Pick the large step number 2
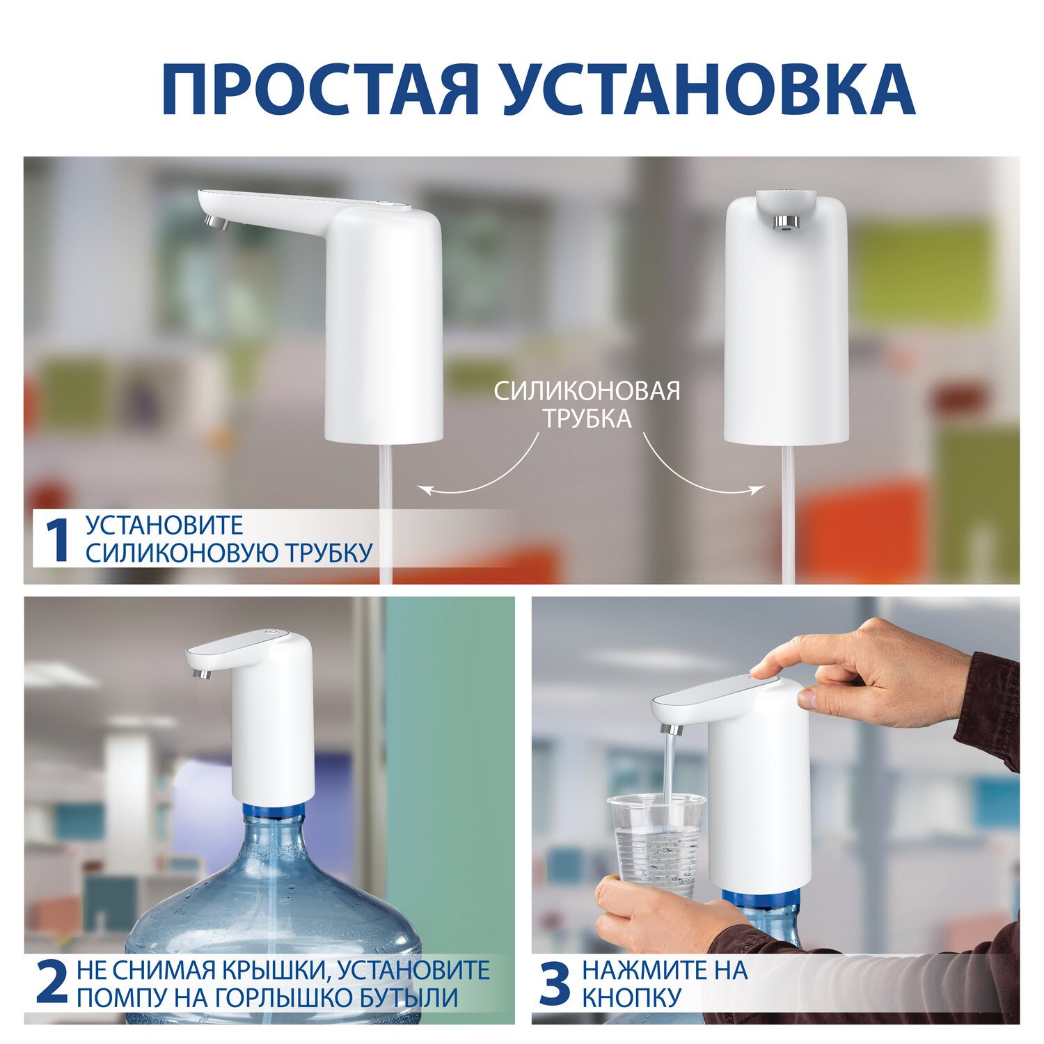point(52,983)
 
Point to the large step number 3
point(555,983)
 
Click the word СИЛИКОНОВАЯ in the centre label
point(587,390)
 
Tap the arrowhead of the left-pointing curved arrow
point(424,490)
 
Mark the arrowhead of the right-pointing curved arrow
point(757,489)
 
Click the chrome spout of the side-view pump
point(217,223)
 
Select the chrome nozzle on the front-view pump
point(786,221)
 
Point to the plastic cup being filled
point(656,845)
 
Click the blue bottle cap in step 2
point(274,812)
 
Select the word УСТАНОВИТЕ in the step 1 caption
point(164,525)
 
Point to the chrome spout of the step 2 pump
point(201,673)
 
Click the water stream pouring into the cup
point(670,780)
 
